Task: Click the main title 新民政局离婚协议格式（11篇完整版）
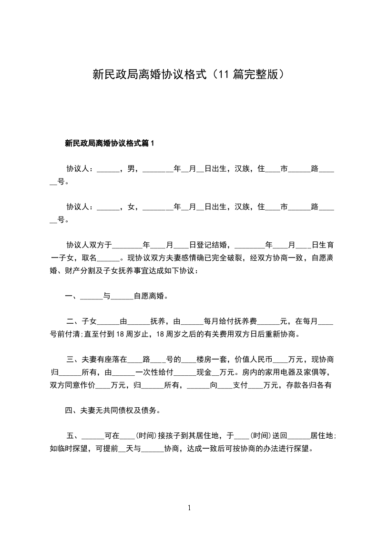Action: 189,74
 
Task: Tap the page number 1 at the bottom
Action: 189,508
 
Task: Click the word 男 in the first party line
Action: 131,169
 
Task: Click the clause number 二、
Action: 74,321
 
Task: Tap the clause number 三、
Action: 74,359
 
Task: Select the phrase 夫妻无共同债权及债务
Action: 119,410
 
